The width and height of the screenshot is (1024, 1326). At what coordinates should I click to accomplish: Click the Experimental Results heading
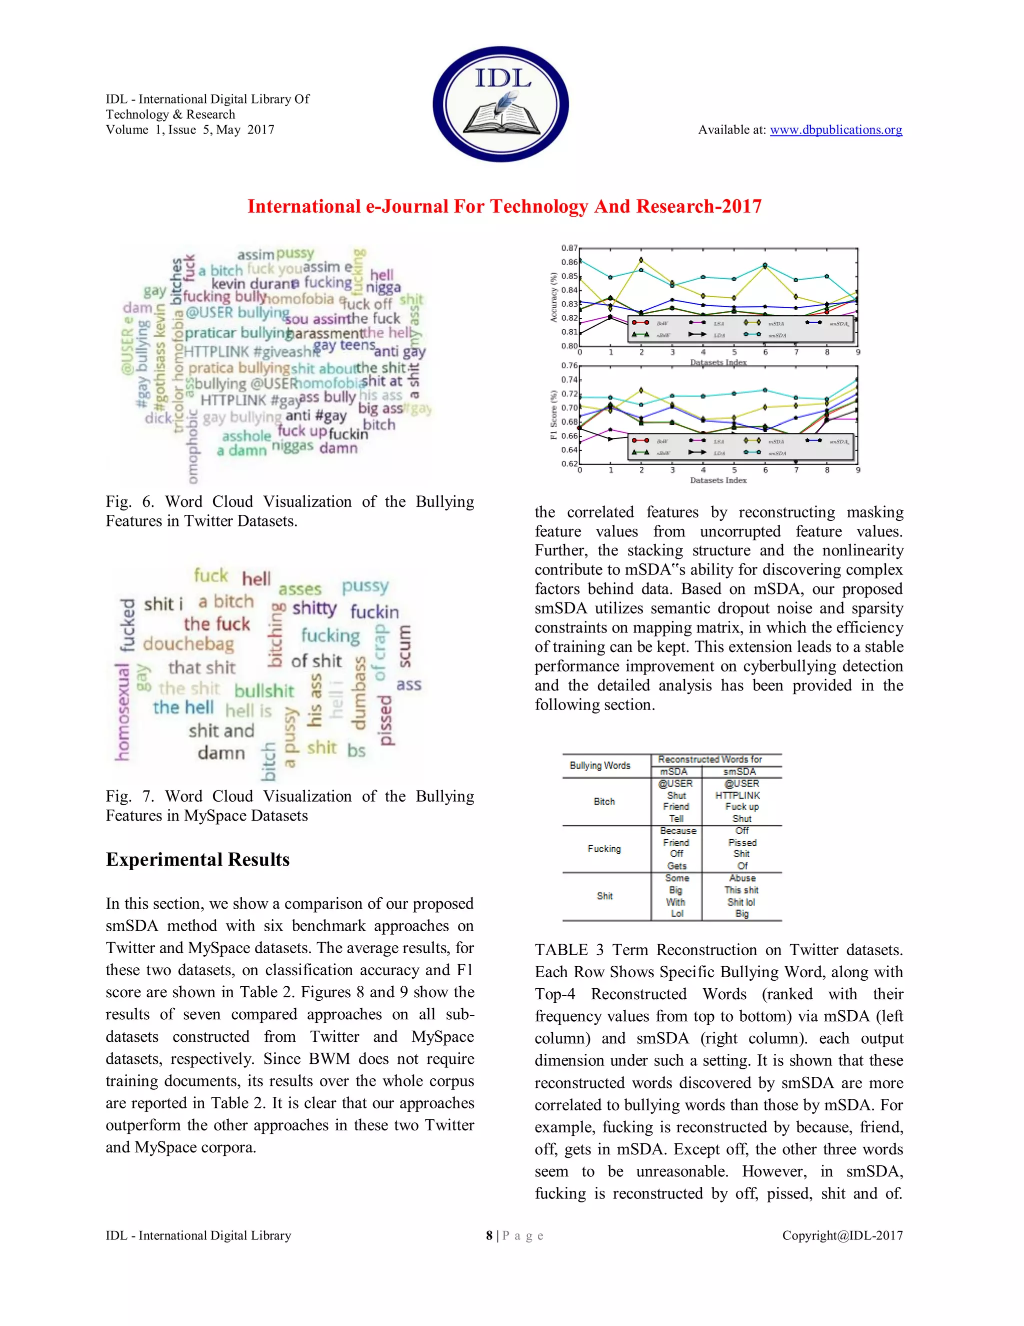(198, 860)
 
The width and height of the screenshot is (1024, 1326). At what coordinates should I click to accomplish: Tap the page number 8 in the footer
(489, 1235)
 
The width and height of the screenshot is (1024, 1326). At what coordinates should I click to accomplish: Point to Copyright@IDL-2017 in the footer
(842, 1235)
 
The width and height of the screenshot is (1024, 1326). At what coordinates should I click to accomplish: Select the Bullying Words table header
(600, 766)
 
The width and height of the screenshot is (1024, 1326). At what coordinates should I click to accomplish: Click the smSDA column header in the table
(739, 772)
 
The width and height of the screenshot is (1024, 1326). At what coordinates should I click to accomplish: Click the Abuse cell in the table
(742, 879)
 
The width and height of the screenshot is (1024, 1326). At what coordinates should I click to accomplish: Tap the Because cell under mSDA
(677, 831)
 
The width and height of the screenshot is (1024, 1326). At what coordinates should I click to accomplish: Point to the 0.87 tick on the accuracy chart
(569, 248)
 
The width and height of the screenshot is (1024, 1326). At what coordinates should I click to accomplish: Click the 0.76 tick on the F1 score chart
(569, 365)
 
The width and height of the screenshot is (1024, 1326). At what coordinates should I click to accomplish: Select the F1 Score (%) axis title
(553, 415)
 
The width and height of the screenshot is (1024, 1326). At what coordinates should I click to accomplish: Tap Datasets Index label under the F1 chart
(718, 480)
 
